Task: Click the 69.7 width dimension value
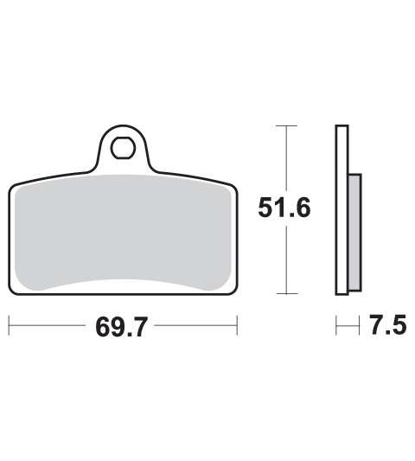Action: [121, 327]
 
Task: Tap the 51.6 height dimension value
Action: [284, 208]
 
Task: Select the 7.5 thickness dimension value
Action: [388, 325]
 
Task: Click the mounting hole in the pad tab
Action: [123, 148]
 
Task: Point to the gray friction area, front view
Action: [123, 233]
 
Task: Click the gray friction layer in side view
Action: [354, 233]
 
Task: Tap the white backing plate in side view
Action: [342, 210]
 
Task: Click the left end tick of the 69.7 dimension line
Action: [10, 325]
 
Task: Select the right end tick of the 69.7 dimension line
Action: [237, 325]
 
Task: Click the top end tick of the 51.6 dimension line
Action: [286, 125]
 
